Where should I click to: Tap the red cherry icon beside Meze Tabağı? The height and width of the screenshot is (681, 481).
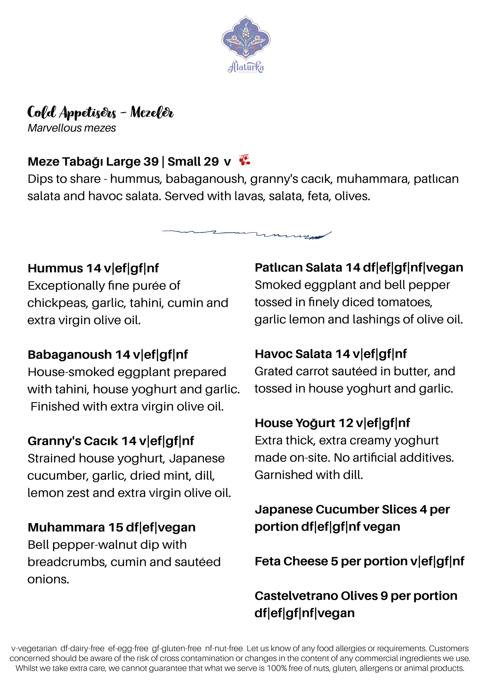pyautogui.click(x=245, y=160)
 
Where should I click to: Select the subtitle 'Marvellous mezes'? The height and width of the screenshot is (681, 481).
pyautogui.click(x=72, y=128)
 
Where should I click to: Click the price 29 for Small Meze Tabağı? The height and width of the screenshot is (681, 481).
pyautogui.click(x=211, y=162)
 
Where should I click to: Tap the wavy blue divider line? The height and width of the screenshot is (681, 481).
pyautogui.click(x=246, y=234)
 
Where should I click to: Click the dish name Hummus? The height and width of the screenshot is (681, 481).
pyautogui.click(x=55, y=268)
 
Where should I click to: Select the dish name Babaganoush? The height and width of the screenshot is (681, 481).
pyautogui.click(x=70, y=355)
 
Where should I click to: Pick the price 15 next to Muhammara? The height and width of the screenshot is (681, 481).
pyautogui.click(x=116, y=528)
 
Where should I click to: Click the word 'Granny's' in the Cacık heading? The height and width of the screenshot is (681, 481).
pyautogui.click(x=54, y=441)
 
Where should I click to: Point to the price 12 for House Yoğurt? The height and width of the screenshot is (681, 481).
pyautogui.click(x=346, y=423)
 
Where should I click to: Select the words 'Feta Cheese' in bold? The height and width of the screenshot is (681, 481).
pyautogui.click(x=291, y=561)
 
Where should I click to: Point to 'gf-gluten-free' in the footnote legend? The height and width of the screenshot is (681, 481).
pyautogui.click(x=177, y=649)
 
